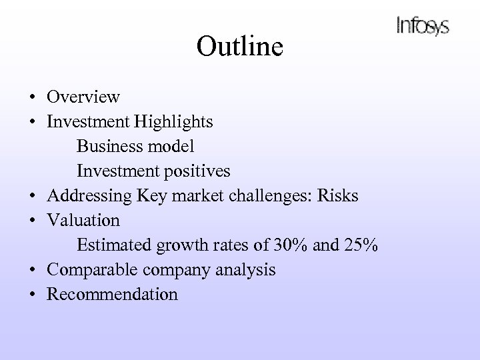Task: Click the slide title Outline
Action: click(x=240, y=47)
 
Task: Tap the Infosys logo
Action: click(x=423, y=26)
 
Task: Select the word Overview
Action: click(x=83, y=97)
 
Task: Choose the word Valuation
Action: click(x=83, y=221)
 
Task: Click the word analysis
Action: click(x=247, y=270)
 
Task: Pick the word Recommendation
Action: click(x=112, y=295)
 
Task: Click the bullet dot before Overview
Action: click(x=32, y=98)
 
